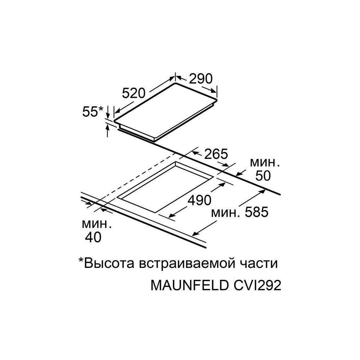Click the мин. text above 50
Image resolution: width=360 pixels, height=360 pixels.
265,162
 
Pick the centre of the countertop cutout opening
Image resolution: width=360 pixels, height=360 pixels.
166,189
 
